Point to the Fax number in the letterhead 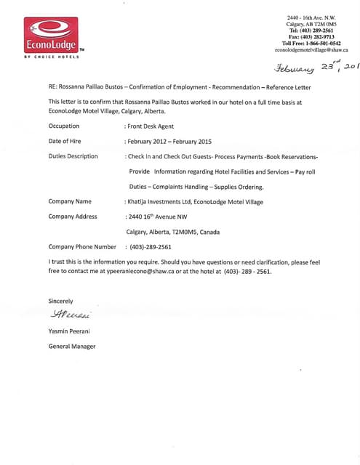click(311, 36)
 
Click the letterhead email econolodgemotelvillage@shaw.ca click(311, 50)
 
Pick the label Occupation click(64, 126)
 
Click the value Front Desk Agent click(152, 126)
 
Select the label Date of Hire click(65, 140)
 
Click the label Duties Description click(73, 156)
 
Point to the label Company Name click(70, 201)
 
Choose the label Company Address click(73, 217)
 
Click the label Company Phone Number click(82, 247)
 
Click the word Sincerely click(60, 301)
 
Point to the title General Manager click(72, 347)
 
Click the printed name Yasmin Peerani click(70, 331)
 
